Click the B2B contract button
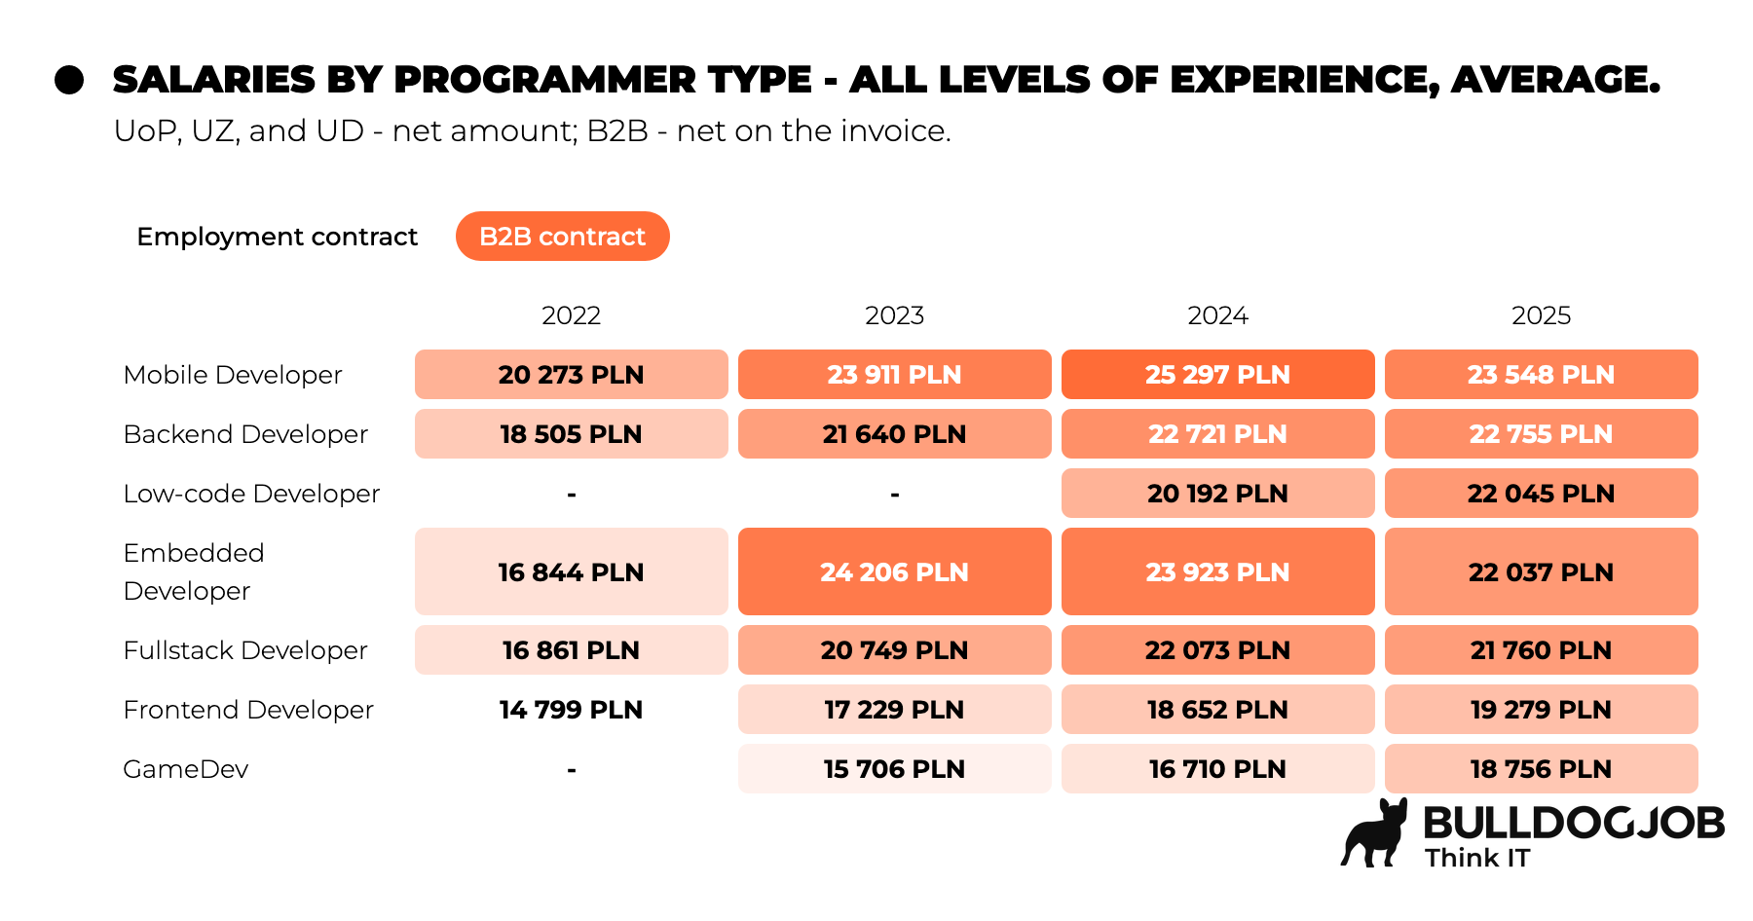pyautogui.click(x=562, y=237)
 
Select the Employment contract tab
pyautogui.click(x=277, y=237)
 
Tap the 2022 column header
pyautogui.click(x=571, y=315)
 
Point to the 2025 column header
pyautogui.click(x=1541, y=315)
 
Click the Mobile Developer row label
pyautogui.click(x=233, y=375)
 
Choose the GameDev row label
pyautogui.click(x=186, y=769)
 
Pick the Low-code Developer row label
pyautogui.click(x=251, y=494)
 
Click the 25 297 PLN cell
pyautogui.click(x=1217, y=375)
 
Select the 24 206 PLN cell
pyautogui.click(x=894, y=571)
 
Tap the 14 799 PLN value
pyautogui.click(x=571, y=710)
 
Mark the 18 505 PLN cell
pyautogui.click(x=571, y=434)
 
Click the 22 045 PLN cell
pyautogui.click(x=1541, y=494)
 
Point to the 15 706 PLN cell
pyautogui.click(x=894, y=769)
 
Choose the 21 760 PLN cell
pyautogui.click(x=1541, y=650)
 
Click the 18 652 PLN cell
pyautogui.click(x=1217, y=710)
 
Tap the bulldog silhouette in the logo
pyautogui.click(x=1375, y=835)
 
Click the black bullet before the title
pyautogui.click(x=69, y=80)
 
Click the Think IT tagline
pyautogui.click(x=1477, y=858)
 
